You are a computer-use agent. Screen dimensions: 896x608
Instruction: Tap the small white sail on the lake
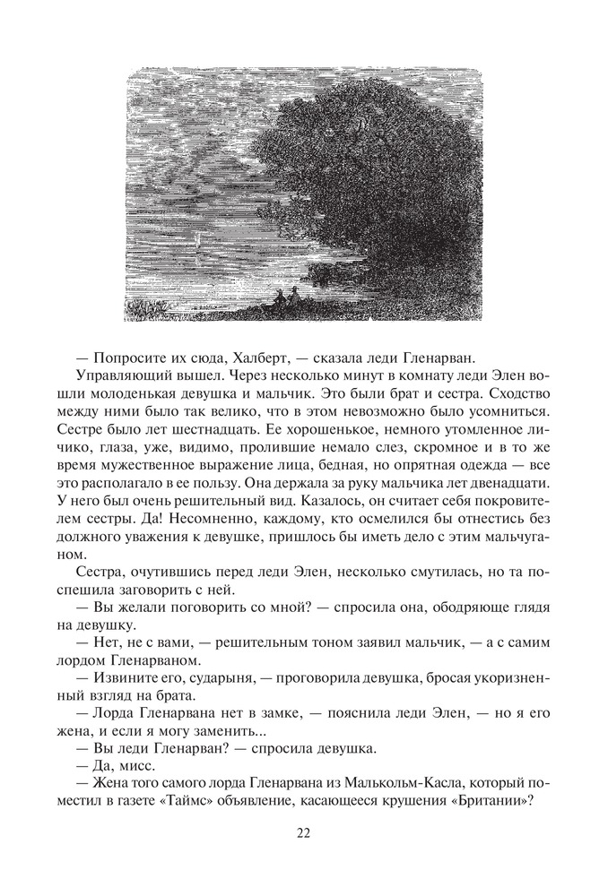coord(197,240)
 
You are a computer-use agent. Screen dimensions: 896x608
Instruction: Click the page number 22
coord(303,832)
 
